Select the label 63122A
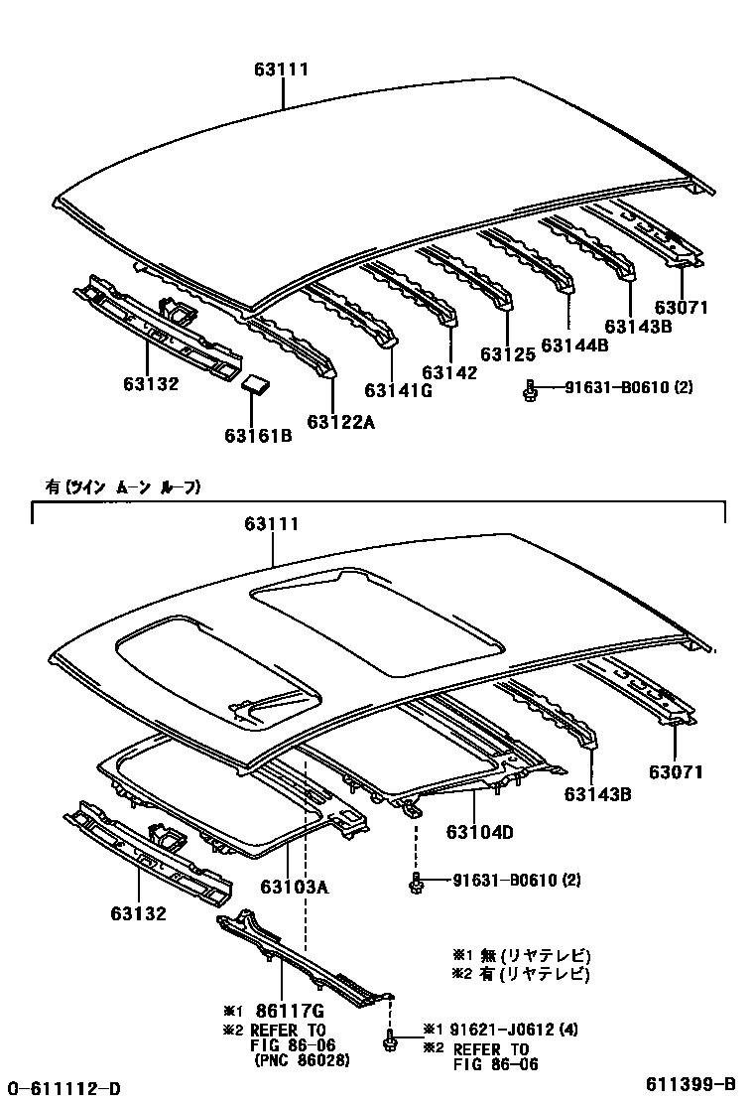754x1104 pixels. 341,422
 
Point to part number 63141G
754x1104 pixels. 399,390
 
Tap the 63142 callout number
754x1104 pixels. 449,372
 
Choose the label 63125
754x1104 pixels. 507,353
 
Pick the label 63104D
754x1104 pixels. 479,832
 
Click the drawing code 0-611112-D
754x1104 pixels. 64,1087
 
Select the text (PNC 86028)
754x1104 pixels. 302,1061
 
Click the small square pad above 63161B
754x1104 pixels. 257,385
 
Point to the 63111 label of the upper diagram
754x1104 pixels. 283,69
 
